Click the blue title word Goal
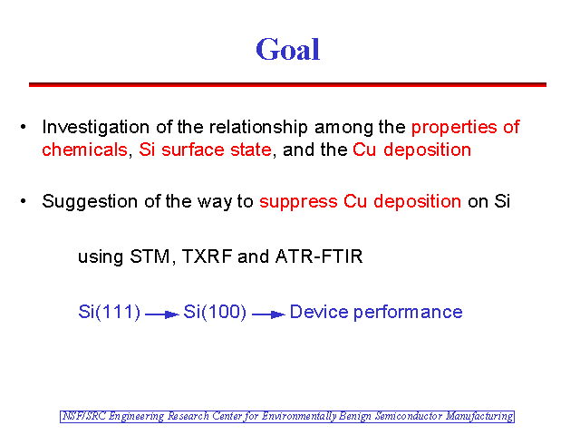click(x=288, y=49)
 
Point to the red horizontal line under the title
click(x=287, y=84)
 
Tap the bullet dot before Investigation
click(x=24, y=127)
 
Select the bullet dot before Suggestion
click(x=24, y=201)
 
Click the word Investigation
click(x=95, y=128)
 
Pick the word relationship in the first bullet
click(x=258, y=128)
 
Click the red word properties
click(x=454, y=128)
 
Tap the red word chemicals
click(x=84, y=150)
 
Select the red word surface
click(x=193, y=150)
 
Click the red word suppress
click(x=298, y=202)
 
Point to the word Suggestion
click(x=90, y=202)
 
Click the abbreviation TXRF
click(x=208, y=256)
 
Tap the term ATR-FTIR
click(x=319, y=256)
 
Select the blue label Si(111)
click(x=110, y=312)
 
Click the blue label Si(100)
click(x=215, y=312)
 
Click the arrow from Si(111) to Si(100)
click(x=162, y=314)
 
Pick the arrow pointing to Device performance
click(x=268, y=314)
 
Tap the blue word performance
click(x=408, y=313)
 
